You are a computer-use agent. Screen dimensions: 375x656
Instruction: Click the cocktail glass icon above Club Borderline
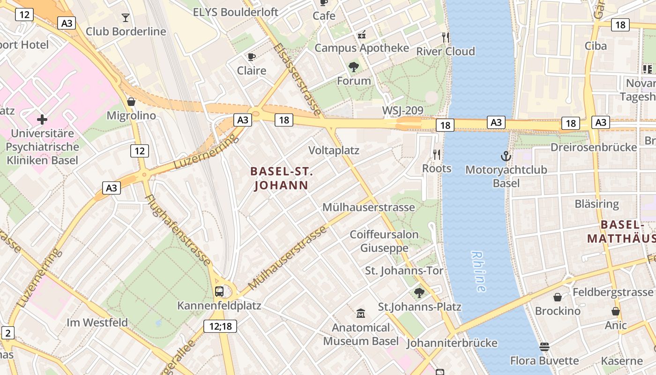coord(125,18)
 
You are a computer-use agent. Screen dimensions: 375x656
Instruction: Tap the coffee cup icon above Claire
coord(252,57)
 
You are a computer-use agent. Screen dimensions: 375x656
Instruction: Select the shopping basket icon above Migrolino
coord(131,102)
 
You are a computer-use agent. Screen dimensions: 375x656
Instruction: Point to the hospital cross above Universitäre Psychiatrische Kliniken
coord(42,119)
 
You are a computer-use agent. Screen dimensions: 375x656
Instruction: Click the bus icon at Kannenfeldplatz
coord(219,292)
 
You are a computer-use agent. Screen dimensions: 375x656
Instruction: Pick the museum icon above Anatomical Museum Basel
coord(361,313)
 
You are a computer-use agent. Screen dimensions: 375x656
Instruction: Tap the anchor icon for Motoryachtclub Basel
coord(506,156)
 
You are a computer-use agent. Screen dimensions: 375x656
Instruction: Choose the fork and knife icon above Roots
coord(437,154)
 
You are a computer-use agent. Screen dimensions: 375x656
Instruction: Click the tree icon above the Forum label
coord(354,67)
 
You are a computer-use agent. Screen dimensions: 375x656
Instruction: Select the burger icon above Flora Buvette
coord(544,347)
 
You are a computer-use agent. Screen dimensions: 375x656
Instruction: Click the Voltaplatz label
coord(334,150)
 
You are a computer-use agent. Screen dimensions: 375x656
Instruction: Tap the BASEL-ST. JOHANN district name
coord(281,179)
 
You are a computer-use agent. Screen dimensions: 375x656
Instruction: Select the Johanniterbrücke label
coord(452,343)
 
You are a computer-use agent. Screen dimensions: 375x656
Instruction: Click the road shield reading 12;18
coord(220,326)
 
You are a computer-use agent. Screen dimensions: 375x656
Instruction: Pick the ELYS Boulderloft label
coord(236,12)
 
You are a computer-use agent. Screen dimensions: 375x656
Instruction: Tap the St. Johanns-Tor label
coord(404,270)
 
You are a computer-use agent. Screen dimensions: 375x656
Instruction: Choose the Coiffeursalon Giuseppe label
coord(384,241)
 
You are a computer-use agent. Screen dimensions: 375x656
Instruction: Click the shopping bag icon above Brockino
coord(558,297)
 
